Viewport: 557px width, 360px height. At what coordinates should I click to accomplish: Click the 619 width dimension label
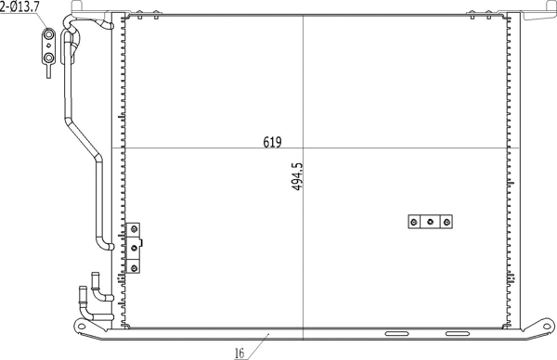point(272,142)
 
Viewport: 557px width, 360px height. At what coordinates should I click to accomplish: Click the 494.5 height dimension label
point(297,176)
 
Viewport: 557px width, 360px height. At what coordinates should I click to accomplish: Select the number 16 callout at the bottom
point(239,353)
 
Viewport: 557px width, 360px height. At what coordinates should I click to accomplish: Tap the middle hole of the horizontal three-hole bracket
point(431,222)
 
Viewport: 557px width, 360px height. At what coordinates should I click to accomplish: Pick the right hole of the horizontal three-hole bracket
point(447,222)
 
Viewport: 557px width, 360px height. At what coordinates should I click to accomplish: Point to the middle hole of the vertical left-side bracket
point(136,247)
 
